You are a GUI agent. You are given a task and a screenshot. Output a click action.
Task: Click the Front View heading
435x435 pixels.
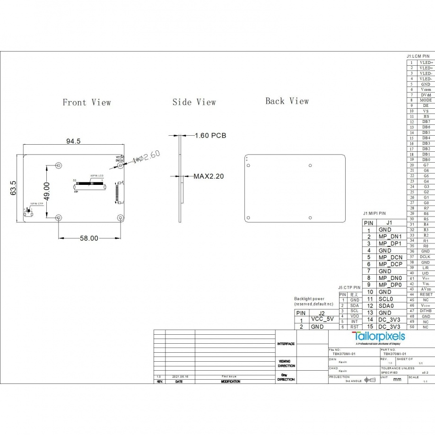coord(87,103)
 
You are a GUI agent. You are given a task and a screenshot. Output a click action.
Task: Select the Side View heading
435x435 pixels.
coord(194,102)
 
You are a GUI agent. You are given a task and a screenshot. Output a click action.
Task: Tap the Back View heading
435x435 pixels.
coord(287,101)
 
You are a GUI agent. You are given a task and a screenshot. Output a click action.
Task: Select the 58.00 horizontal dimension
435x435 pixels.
coord(88,238)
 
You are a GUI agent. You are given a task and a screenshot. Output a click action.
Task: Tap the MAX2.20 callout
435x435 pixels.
coord(209,176)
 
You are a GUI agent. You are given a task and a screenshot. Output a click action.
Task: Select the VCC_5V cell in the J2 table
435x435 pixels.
coord(322,319)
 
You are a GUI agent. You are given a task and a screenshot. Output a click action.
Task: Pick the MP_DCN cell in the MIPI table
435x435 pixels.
coord(390,257)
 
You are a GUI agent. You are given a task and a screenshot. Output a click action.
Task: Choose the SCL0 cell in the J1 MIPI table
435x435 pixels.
coord(386,299)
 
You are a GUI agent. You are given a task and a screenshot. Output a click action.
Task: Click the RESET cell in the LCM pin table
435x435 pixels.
coord(426,295)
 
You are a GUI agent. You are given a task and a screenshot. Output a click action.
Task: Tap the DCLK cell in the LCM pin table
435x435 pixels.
coord(426,257)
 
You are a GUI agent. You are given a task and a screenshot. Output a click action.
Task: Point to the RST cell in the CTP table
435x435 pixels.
coord(355,327)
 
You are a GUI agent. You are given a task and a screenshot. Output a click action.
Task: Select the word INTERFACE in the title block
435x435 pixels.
coord(286,344)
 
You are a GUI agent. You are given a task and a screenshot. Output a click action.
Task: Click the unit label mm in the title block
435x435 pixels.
coord(397,379)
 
